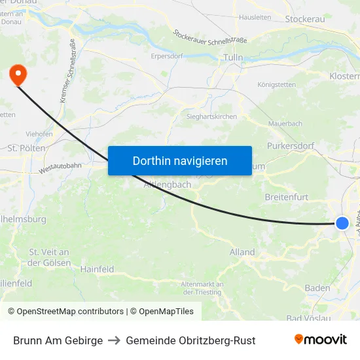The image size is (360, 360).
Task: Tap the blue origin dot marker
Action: pos(342,223)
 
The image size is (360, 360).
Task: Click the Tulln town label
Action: pos(233,58)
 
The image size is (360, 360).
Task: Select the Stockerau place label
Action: pos(304,19)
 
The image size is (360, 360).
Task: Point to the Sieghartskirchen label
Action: pos(208,117)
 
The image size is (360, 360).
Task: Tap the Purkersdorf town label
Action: pos(290,146)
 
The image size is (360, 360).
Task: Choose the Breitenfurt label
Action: pos(286,196)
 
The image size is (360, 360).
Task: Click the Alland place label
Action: pos(242,252)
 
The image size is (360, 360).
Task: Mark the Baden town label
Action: pos(317,288)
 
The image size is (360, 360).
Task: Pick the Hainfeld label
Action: pos(97,269)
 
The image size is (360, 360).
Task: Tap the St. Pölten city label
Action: pos(26,148)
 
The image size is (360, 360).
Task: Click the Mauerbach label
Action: pos(285,123)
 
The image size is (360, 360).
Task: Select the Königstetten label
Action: pos(276,85)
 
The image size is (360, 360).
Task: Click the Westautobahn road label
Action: pos(60,167)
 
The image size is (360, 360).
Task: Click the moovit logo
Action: pos(320,340)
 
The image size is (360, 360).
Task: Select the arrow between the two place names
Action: pos(115,340)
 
